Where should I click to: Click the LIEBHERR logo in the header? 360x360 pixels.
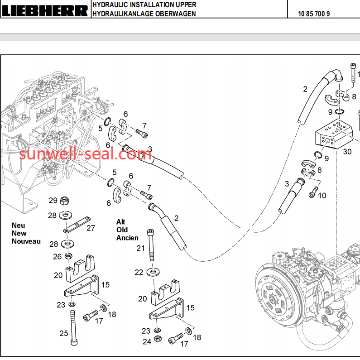coord(45,10)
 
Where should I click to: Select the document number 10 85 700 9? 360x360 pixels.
coord(314,14)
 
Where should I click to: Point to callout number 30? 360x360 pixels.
coord(347,152)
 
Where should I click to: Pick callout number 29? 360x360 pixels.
coord(53,201)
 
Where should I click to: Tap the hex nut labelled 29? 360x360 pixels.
coord(65,200)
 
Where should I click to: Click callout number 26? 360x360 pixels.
coord(57,257)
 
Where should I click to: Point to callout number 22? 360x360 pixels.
coord(139,272)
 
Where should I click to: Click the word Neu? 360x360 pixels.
coord(19,226)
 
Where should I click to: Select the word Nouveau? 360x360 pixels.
coord(26,241)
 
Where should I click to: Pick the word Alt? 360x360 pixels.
coord(120,222)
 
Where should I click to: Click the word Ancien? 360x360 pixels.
coord(127,238)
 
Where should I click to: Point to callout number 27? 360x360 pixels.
coord(91,228)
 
